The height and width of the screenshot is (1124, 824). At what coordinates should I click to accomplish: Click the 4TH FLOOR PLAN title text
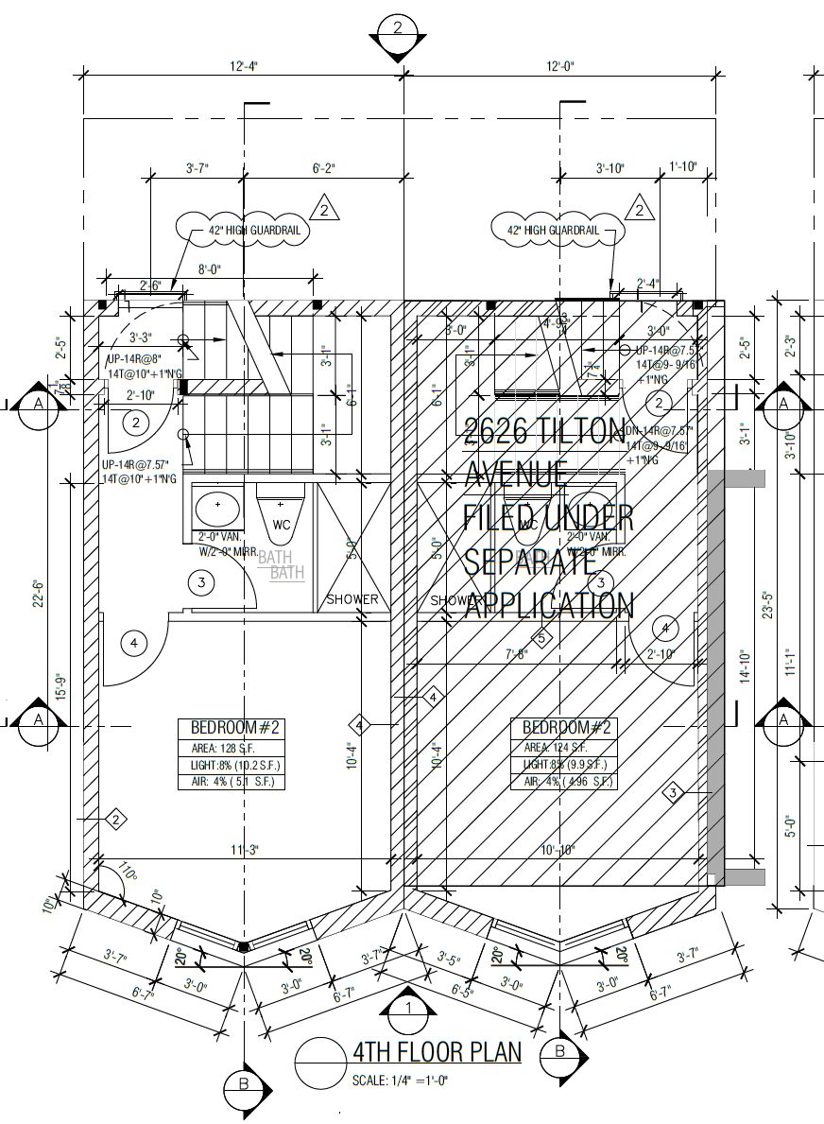(x=436, y=1052)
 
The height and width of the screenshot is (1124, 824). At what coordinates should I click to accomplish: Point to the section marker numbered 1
(x=408, y=1010)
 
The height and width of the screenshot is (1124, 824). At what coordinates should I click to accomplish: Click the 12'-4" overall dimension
(x=243, y=66)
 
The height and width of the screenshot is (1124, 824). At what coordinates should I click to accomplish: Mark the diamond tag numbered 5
(x=542, y=638)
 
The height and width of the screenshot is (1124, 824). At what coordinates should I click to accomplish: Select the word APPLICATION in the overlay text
(x=548, y=604)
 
